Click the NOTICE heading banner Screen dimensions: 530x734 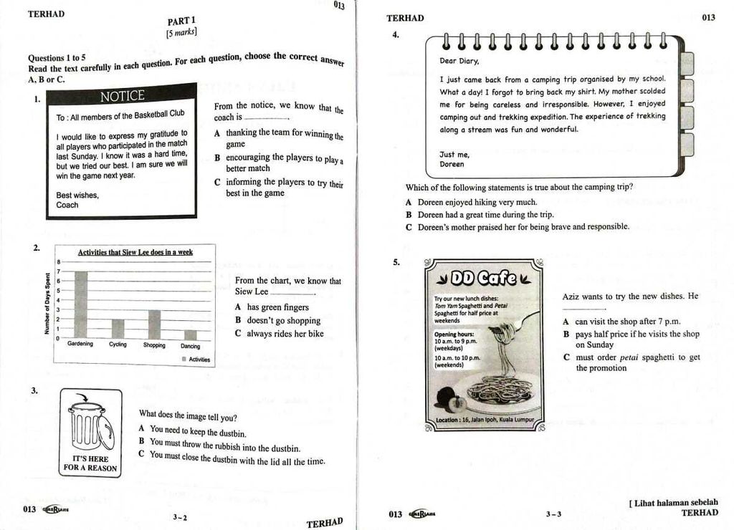click(122, 96)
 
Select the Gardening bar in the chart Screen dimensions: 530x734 click(81, 304)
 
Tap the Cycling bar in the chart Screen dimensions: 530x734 click(118, 329)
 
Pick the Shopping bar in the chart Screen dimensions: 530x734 click(154, 324)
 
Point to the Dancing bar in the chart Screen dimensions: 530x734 click(190, 334)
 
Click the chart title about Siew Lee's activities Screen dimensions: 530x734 click(135, 252)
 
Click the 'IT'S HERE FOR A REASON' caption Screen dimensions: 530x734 click(90, 463)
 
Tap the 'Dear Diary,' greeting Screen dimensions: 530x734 click(459, 61)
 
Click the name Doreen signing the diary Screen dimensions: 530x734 click(452, 164)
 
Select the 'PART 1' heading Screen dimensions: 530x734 click(181, 21)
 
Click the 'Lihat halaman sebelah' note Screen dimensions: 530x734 click(673, 503)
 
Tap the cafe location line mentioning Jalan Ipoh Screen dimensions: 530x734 click(485, 420)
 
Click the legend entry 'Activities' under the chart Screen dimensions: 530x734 click(196, 360)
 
